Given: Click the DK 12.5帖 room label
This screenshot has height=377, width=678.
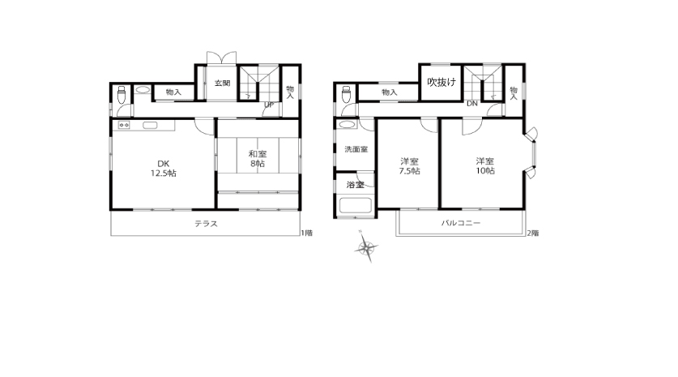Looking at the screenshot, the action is [x=163, y=169].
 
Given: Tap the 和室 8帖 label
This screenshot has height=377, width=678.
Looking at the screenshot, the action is [x=258, y=158].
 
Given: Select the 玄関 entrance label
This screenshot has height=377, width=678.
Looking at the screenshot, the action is [x=222, y=83].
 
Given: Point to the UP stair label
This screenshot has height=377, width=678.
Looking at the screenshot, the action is [x=269, y=105].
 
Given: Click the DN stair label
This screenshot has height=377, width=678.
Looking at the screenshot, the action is [x=471, y=104].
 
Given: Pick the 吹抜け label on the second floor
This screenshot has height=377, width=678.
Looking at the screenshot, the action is [x=441, y=82].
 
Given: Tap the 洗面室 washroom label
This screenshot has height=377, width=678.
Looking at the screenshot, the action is [x=356, y=149].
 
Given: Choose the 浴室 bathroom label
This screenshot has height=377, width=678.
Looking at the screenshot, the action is [x=356, y=185].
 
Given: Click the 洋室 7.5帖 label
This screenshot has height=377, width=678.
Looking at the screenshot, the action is [x=409, y=166].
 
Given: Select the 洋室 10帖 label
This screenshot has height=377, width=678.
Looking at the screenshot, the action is [x=485, y=165].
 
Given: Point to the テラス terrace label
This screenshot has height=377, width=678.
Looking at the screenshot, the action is [x=206, y=224].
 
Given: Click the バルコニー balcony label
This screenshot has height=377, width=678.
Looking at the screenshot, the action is [x=460, y=223].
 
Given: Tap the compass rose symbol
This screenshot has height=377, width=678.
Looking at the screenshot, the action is [x=366, y=247].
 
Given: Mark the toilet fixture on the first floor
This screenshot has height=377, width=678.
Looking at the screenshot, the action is [x=122, y=94].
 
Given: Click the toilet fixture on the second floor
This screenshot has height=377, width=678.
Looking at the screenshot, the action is [x=346, y=94].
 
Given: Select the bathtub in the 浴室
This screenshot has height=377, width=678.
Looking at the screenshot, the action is [x=356, y=206].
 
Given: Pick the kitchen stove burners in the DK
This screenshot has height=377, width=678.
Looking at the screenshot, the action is [x=124, y=125].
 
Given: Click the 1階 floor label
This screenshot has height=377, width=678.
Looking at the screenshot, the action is [x=306, y=233].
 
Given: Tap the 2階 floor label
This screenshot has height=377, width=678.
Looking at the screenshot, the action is [x=533, y=233].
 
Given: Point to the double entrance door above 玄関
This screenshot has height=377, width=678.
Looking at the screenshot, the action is [x=221, y=58].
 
